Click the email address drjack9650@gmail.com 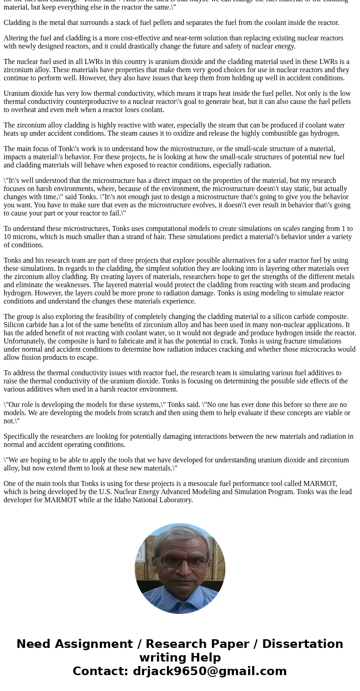[x=209, y=671]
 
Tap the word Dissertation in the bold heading [x=302, y=644]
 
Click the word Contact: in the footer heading [x=101, y=671]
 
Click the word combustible [x=272, y=133]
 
